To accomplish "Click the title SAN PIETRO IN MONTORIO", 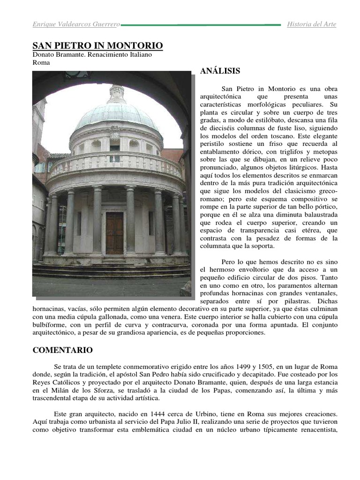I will (x=97, y=45).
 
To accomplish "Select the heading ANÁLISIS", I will (x=220, y=71).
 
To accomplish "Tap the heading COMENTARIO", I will (x=62, y=350).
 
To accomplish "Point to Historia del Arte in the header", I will (x=311, y=24).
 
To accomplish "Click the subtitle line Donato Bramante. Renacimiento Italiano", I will (x=92, y=55).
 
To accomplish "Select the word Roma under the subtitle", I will (x=40, y=62).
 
